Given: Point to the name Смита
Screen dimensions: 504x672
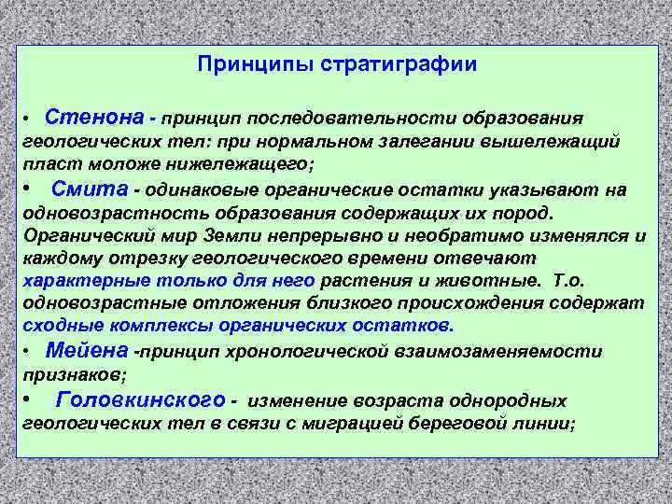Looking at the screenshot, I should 90,189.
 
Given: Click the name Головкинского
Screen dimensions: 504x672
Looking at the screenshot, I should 140,400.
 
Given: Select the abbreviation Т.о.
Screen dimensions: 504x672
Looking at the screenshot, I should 569,280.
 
